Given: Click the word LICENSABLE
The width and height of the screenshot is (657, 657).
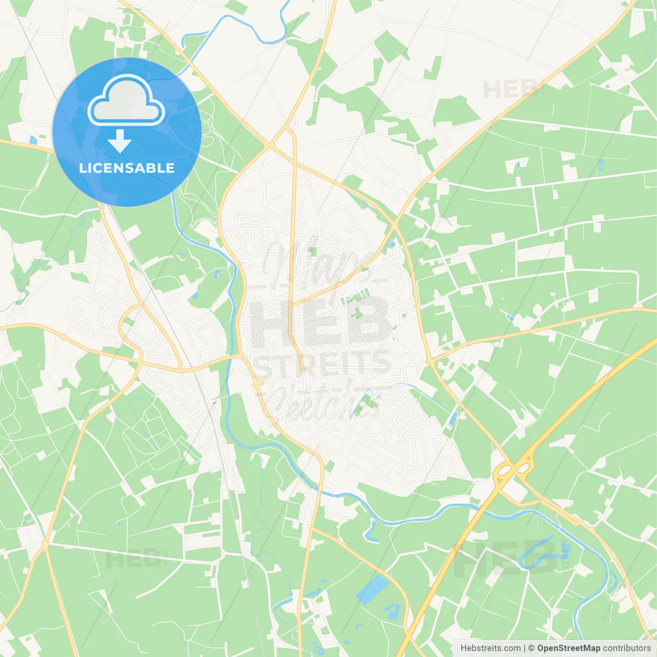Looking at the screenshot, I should [x=127, y=168].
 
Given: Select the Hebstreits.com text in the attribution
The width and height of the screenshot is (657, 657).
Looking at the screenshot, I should [x=490, y=648].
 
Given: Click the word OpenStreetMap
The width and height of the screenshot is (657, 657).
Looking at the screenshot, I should [x=568, y=648].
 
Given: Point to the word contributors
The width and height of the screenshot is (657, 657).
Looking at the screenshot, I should [x=627, y=648].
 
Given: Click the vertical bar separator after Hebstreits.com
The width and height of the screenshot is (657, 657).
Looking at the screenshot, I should [x=525, y=648].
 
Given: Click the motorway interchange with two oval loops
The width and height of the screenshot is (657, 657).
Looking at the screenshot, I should [x=513, y=468].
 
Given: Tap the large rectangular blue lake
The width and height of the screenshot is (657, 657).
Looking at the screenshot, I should [x=372, y=588].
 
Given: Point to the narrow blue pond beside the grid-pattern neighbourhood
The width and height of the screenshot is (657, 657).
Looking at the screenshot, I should [x=453, y=419].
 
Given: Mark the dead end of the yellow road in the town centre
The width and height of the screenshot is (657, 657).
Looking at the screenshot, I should [x=302, y=371].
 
